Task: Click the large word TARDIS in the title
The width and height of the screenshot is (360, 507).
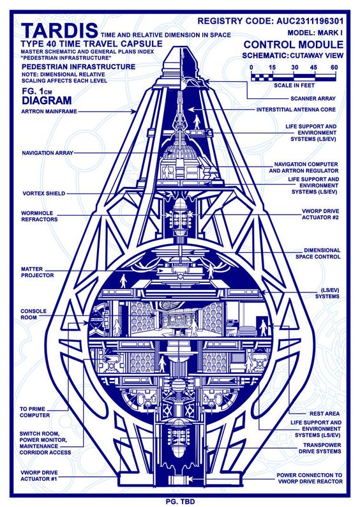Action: pos(59,31)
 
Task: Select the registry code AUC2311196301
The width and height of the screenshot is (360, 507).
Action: pos(310,21)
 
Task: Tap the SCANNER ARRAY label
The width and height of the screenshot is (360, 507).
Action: pos(313,98)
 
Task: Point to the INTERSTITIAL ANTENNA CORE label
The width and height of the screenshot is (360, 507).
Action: pos(296,110)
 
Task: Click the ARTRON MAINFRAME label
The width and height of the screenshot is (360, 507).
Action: pos(49,112)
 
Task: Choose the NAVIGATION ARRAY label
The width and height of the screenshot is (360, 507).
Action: pos(47,153)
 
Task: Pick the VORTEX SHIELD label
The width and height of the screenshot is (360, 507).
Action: pos(44,193)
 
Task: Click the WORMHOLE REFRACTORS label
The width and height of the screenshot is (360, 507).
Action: pos(40,216)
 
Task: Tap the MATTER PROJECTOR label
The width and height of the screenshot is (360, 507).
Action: pos(38,272)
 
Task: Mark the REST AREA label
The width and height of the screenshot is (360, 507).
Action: pos(324,414)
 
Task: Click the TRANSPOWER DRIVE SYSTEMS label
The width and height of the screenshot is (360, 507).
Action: pos(320,448)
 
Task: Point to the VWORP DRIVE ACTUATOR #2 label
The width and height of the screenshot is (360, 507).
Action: pos(320,215)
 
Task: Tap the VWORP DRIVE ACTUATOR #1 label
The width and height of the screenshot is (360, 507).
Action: pos(39,476)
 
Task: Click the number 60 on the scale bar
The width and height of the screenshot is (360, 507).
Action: pos(334,67)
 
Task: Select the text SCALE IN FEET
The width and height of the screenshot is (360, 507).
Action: pos(294,86)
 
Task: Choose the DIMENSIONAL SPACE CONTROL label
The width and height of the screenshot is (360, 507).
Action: pos(318,253)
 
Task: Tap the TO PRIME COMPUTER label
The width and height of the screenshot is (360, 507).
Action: pos(35,412)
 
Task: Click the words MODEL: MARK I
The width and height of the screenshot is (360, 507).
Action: pos(315,33)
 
